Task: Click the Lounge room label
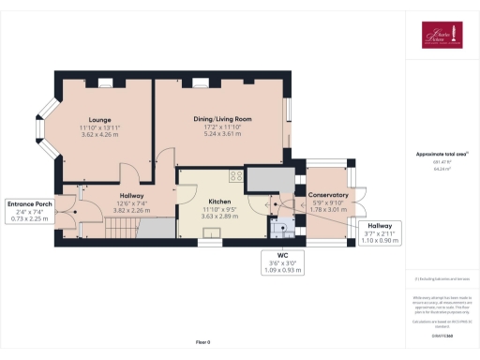[x=100, y=120]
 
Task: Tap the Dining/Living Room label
[x=222, y=118]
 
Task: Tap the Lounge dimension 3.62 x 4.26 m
[x=100, y=135]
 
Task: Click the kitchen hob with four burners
[x=233, y=176]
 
